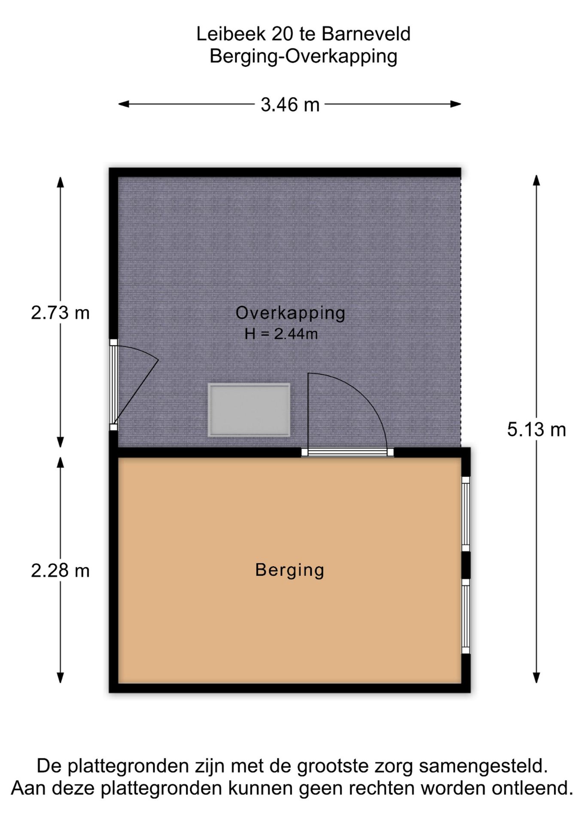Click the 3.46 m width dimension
[290, 104]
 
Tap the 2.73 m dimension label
[60, 313]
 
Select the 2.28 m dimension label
[60, 571]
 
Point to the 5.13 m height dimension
[537, 430]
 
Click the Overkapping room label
[290, 313]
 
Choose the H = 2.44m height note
[281, 334]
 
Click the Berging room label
[290, 571]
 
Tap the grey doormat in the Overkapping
[249, 410]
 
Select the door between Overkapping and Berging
[347, 452]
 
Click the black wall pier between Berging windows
[466, 565]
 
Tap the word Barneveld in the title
[366, 34]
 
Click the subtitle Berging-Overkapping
[303, 57]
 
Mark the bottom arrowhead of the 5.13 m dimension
[536, 678]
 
